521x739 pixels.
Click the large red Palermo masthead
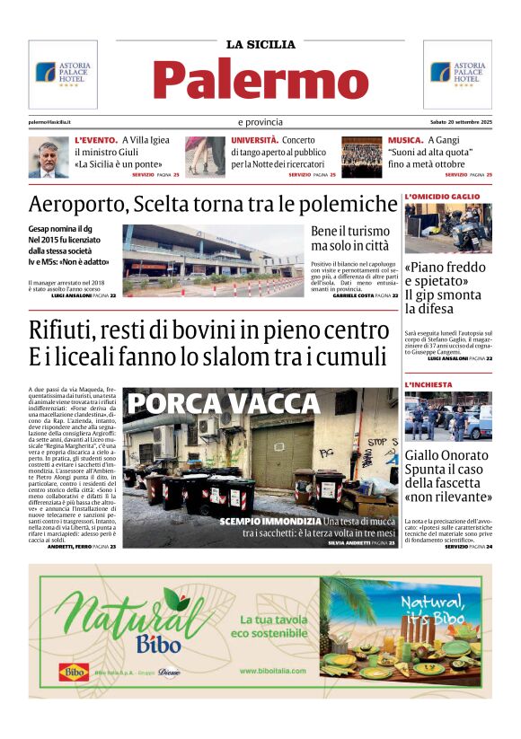(x=260, y=79)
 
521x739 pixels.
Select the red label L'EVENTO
(x=96, y=141)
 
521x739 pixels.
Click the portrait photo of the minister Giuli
(x=49, y=157)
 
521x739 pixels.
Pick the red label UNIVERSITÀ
(x=254, y=141)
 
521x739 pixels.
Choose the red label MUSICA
(x=406, y=141)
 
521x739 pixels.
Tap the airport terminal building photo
(x=213, y=260)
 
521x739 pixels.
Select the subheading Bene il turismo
(x=350, y=231)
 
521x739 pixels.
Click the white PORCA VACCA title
(x=197, y=404)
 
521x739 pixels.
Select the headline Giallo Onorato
(x=447, y=455)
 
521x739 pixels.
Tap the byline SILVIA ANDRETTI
(x=352, y=542)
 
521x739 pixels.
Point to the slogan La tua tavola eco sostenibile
(x=275, y=626)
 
